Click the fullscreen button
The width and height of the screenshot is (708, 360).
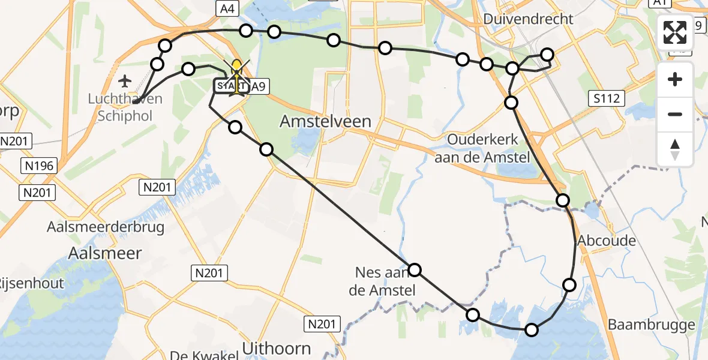(x=675, y=32)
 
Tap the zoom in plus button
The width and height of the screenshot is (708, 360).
(x=675, y=79)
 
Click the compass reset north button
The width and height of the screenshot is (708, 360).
(x=675, y=149)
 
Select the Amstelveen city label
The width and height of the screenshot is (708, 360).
(x=326, y=122)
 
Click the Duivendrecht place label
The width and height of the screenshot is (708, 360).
(x=529, y=19)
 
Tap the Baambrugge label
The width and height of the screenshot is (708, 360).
(x=652, y=325)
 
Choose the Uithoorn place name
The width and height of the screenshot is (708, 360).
(x=277, y=349)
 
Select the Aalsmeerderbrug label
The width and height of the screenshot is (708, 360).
(x=106, y=227)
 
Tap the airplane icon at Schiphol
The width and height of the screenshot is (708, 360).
(x=125, y=80)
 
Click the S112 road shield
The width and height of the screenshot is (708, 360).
(x=606, y=98)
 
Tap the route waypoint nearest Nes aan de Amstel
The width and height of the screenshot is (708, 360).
(x=415, y=270)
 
